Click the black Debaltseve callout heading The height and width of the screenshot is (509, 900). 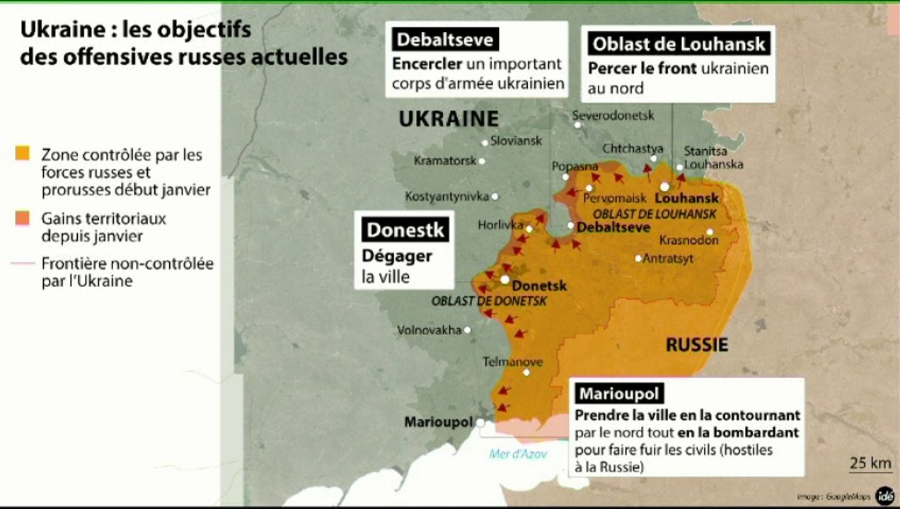tap(444, 40)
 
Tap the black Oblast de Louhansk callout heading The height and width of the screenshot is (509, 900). tap(679, 44)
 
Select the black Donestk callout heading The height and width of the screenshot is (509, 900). tap(405, 230)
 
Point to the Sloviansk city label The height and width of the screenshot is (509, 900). tap(516, 141)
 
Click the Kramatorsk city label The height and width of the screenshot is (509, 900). tap(445, 160)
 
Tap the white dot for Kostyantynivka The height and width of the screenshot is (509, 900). tap(495, 196)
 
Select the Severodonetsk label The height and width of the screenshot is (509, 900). tap(613, 115)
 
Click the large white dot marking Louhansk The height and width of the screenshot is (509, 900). tap(664, 187)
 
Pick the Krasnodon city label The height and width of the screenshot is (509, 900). tap(688, 240)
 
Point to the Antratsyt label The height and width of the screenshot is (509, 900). tap(669, 259)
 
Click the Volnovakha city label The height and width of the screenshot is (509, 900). tap(429, 329)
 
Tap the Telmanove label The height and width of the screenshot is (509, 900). tap(512, 362)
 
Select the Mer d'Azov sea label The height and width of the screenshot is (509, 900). tap(518, 454)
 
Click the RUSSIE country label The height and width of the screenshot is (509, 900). tap(696, 345)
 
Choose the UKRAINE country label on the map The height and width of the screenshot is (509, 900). tap(449, 119)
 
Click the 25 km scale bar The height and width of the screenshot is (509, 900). tap(870, 464)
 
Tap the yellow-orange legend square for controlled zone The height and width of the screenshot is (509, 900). tap(23, 153)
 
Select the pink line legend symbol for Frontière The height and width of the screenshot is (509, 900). tap(23, 264)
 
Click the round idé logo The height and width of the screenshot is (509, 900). tap(884, 496)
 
